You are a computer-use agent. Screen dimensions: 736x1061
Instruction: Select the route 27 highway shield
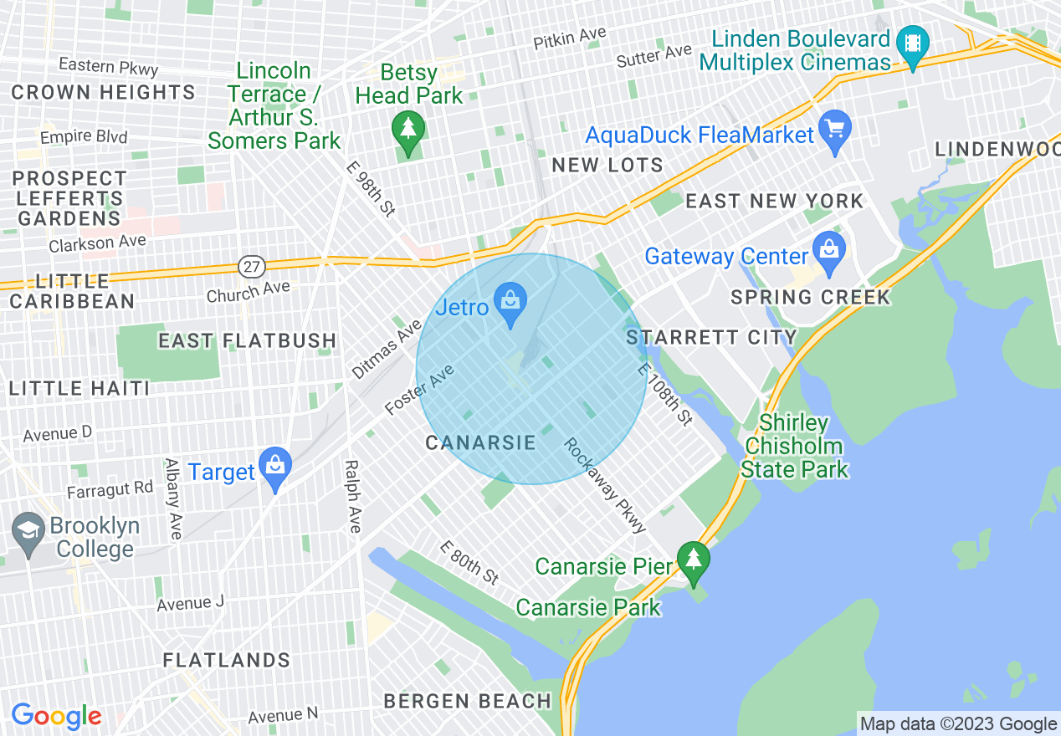250,267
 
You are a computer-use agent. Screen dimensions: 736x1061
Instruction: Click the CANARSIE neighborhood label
480,442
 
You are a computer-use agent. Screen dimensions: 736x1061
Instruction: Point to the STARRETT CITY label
712,337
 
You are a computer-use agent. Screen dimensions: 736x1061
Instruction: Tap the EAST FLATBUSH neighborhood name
248,340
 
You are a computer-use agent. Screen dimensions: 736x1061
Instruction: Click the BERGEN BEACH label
468,701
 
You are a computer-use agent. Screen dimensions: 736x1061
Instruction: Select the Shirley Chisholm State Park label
794,447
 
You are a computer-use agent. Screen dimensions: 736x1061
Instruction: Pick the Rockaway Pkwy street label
605,486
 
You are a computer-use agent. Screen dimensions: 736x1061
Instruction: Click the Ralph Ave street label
352,496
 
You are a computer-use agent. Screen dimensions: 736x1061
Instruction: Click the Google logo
56,716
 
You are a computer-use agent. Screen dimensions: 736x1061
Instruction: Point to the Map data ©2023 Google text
958,723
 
